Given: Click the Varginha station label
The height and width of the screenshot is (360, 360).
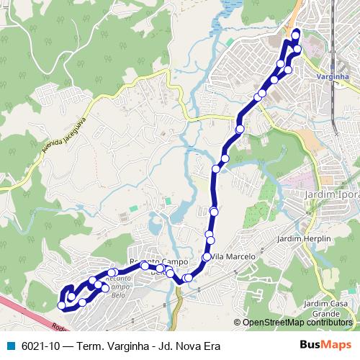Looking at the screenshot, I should coord(333,76).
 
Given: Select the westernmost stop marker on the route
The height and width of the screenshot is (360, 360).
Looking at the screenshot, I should coord(62,306).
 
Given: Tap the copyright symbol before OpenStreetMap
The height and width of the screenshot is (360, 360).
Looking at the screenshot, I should coord(238,323).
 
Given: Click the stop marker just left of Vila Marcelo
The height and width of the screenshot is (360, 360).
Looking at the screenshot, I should coord(207,257).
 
